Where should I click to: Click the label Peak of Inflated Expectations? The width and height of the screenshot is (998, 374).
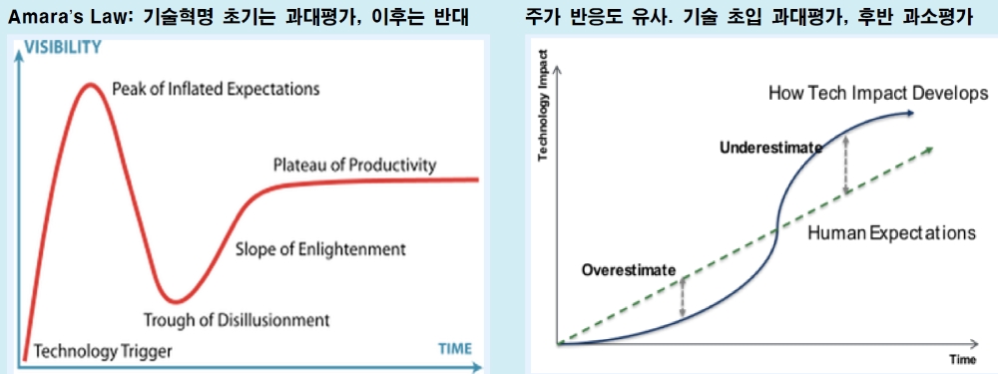tap(216, 89)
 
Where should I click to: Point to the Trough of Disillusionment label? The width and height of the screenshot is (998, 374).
tap(237, 320)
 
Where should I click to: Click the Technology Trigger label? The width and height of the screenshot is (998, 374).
tap(103, 351)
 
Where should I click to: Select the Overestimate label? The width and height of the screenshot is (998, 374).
tap(629, 269)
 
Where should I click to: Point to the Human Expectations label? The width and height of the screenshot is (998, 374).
tap(890, 233)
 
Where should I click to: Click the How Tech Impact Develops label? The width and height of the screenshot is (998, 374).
tap(878, 93)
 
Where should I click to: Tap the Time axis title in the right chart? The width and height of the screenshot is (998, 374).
tap(962, 358)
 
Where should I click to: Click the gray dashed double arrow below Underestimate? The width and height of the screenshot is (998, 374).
tap(845, 165)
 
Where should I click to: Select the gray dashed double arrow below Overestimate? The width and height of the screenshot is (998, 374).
tap(683, 297)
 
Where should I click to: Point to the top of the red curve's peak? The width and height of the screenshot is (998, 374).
tap(91, 84)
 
